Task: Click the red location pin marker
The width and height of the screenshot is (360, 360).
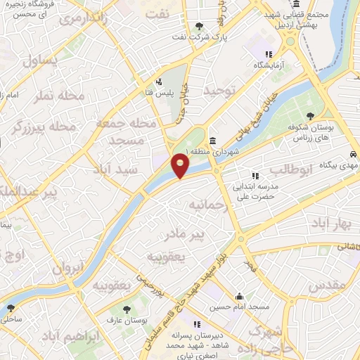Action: pos(181,166)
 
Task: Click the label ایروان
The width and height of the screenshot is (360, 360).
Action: pos(68,268)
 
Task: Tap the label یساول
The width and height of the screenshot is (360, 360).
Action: pos(42,60)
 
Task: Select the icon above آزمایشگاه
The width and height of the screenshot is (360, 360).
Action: pos(267,54)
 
